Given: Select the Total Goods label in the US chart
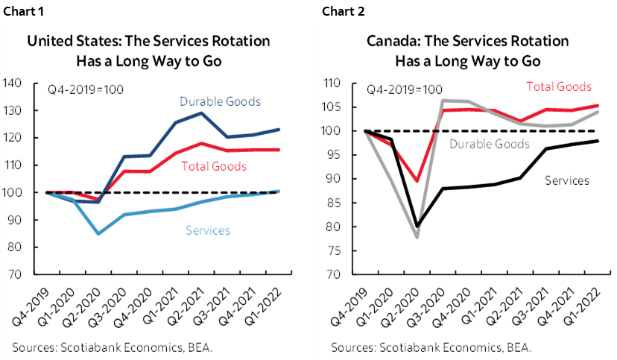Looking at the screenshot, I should [214, 165].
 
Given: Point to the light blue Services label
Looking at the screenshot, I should [206, 230].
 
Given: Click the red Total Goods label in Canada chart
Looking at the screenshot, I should [559, 87].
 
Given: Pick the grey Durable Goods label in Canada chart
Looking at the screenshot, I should [490, 143].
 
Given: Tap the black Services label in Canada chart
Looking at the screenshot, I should [567, 180].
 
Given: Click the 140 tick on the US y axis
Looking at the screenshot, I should [13, 83].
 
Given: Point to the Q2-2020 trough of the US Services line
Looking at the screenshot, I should [98, 234].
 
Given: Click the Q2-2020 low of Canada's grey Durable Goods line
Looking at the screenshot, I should [417, 237].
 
